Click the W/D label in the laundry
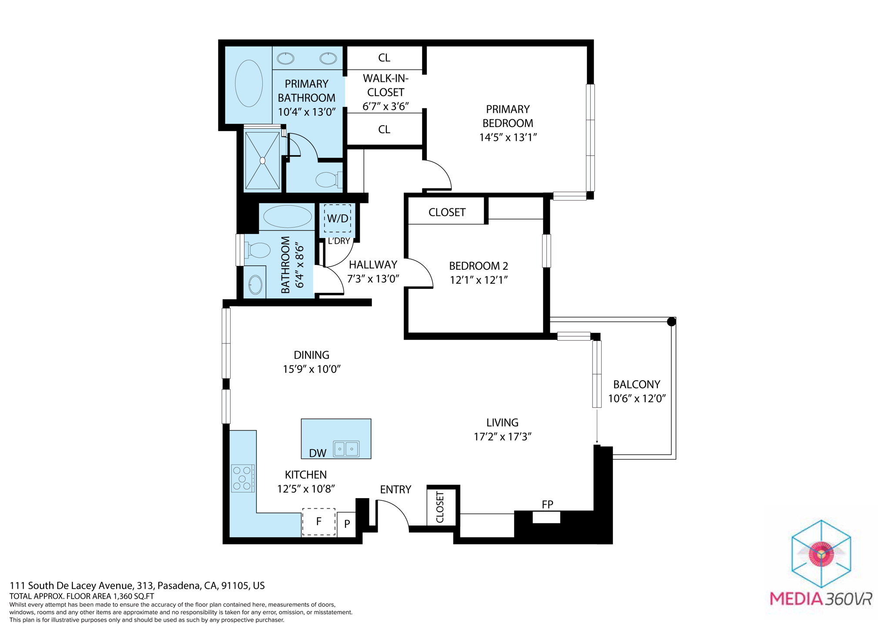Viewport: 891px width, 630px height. pos(338,218)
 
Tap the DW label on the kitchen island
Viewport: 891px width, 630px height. pos(318,453)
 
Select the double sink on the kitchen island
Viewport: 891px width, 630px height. pos(346,449)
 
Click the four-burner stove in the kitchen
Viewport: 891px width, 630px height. pos(243,478)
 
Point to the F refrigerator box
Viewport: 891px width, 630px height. pos(319,522)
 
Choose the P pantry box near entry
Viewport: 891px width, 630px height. pos(347,524)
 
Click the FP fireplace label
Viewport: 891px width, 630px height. pos(547,505)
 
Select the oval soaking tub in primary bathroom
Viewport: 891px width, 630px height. pos(249,83)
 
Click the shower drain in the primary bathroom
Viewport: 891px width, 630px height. pos(262,161)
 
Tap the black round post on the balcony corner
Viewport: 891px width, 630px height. pos(671,322)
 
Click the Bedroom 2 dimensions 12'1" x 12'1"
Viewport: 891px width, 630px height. pos(479,280)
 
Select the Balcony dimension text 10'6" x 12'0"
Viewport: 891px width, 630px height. pos(637,399)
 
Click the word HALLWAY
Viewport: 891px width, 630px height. pos(373,265)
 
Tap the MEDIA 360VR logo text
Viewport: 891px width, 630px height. pos(821,599)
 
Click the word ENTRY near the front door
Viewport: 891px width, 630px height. pos(395,490)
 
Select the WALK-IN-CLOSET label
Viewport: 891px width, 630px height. pos(385,85)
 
